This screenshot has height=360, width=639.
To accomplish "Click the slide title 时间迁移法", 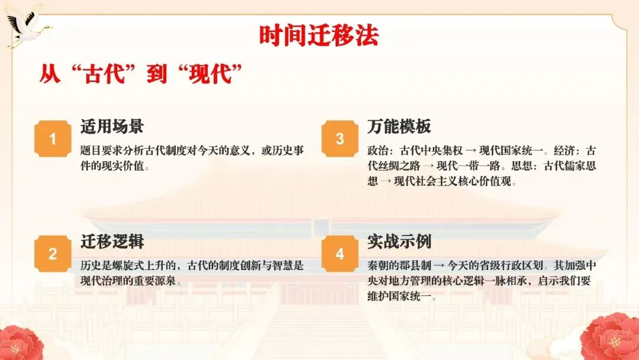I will (x=319, y=36).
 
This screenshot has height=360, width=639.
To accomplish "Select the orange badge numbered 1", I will (x=53, y=140).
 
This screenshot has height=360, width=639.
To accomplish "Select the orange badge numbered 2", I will (x=53, y=255).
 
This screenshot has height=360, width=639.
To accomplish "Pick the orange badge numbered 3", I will (x=340, y=140).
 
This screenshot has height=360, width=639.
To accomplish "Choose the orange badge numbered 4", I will (x=340, y=255).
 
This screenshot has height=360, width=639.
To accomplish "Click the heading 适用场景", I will (x=112, y=126).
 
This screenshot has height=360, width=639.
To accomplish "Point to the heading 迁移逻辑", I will (x=112, y=241).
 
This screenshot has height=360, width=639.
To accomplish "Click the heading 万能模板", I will (x=399, y=126).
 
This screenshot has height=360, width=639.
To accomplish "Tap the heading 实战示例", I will (x=399, y=241).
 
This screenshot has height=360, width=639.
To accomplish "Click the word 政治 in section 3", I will (x=377, y=150).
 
